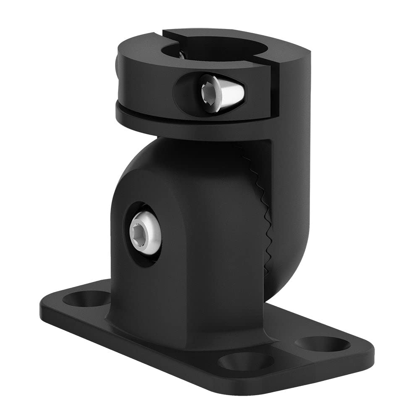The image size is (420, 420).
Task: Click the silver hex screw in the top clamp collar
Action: [216, 92]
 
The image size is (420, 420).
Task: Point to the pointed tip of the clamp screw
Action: [241, 89]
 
